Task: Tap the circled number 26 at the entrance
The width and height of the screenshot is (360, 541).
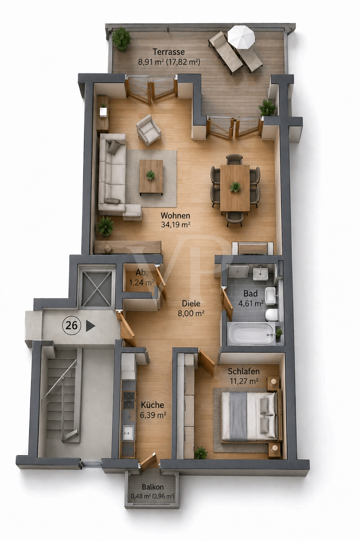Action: point(72,326)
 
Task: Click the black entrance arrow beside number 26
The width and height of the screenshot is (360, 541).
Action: point(91,326)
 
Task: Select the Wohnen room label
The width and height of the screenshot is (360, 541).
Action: point(175,215)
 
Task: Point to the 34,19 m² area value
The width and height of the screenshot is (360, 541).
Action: point(175,225)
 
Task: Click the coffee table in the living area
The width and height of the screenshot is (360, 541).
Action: point(151,177)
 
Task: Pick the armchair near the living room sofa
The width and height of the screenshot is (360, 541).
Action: point(149,130)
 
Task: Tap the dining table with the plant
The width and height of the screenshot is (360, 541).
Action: point(235,188)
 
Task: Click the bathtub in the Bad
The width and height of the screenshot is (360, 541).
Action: point(251,334)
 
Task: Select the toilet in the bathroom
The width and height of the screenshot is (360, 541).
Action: point(271,315)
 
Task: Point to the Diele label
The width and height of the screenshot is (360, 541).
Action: point(191,303)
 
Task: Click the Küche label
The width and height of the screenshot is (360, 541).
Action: point(153,405)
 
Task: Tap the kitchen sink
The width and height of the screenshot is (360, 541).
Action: point(128,432)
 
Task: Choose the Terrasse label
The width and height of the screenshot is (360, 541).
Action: point(169,52)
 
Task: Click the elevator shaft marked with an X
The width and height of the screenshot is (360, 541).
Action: point(97,287)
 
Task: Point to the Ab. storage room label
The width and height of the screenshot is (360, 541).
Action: point(141,273)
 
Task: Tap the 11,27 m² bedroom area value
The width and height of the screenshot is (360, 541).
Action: point(244,381)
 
